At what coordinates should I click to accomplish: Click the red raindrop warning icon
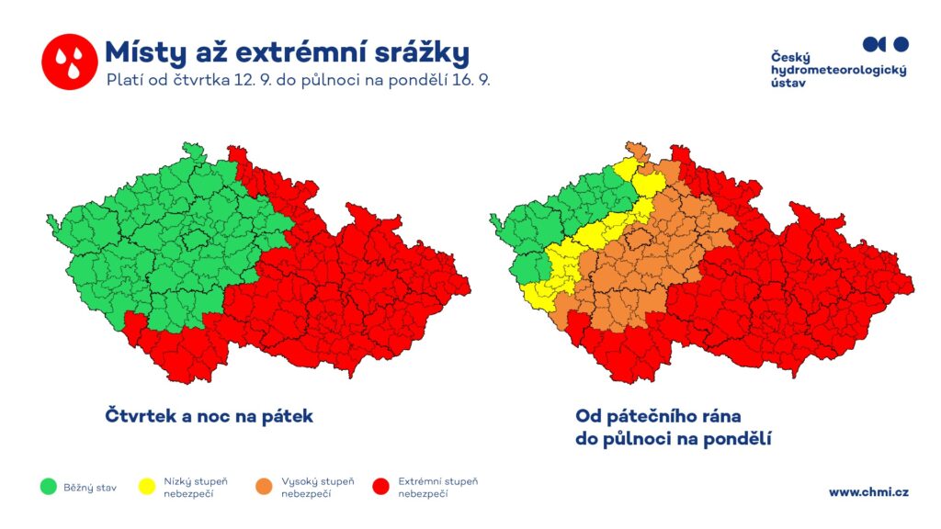(x=70, y=62)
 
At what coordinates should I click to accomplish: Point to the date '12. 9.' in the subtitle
(x=253, y=80)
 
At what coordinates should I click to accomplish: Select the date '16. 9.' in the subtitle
(x=471, y=80)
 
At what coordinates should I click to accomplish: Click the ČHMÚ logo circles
(x=886, y=44)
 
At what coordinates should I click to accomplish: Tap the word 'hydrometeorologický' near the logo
(x=838, y=70)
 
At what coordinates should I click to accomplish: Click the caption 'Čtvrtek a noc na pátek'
(x=209, y=416)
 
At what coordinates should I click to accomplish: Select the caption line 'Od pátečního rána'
(x=658, y=416)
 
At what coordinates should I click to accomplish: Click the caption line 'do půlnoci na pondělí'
(x=674, y=439)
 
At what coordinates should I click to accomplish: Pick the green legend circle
(x=49, y=487)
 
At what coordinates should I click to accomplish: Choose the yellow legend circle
(x=147, y=487)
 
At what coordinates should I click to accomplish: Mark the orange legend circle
(x=264, y=487)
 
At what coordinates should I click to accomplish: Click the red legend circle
(x=381, y=487)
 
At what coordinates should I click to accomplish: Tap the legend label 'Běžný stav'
(x=90, y=488)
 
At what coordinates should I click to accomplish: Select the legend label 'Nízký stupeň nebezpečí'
(x=196, y=488)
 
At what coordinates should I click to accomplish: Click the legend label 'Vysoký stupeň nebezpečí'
(x=317, y=488)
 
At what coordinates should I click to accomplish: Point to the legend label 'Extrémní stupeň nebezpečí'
(x=438, y=488)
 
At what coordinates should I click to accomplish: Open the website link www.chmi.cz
(x=868, y=492)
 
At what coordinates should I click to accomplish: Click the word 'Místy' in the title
(x=145, y=53)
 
